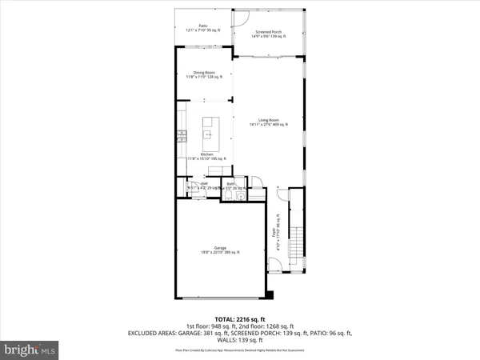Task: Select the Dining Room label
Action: pyautogui.click(x=204, y=74)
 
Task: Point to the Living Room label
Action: pyautogui.click(x=266, y=122)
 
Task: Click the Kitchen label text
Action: pyautogui.click(x=206, y=156)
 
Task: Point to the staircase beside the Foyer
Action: pyautogui.click(x=297, y=239)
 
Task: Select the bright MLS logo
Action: pyautogui.click(x=30, y=350)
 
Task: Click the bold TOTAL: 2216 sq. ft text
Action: pyautogui.click(x=240, y=318)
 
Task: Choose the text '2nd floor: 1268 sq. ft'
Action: pyautogui.click(x=268, y=326)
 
